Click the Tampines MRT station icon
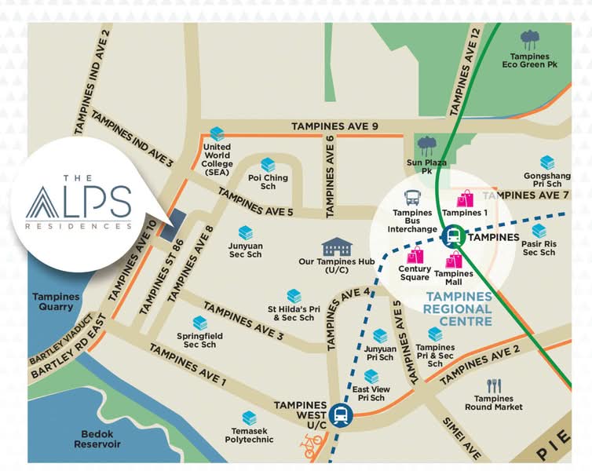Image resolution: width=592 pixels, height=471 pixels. coord(452,235)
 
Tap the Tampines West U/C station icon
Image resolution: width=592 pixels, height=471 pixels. coord(341,414)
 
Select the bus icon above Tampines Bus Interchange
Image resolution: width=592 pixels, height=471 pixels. coord(412,198)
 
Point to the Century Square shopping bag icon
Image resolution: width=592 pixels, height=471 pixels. coord(415,254)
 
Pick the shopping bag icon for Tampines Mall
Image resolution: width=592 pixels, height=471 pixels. coord(454,260)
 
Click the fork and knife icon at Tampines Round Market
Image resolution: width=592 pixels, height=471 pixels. coord(493,385)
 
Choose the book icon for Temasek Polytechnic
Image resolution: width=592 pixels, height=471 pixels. coord(249,418)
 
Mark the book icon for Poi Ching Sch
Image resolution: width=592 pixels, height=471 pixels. coord(268,164)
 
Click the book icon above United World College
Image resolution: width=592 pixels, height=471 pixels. coord(217,134)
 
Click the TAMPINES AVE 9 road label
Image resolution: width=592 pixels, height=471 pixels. coord(334,126)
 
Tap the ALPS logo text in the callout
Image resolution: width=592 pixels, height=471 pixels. coord(79,203)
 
